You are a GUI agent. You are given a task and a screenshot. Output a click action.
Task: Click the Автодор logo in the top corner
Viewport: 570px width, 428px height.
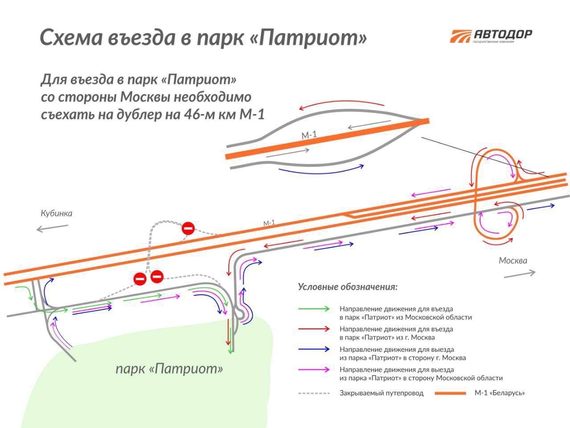click(491, 36)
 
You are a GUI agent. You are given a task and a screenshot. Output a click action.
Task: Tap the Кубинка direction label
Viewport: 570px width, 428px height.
click(56, 213)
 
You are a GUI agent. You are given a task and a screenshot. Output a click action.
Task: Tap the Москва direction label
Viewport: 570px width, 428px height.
click(513, 260)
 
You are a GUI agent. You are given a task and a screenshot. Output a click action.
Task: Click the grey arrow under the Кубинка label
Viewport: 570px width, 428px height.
click(52, 228)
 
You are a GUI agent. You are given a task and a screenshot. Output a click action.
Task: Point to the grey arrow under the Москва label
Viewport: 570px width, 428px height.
click(520, 274)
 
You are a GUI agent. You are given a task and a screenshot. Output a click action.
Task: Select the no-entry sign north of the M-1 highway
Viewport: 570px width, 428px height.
click(188, 229)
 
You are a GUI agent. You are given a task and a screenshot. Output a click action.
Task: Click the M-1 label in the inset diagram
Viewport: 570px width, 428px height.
click(309, 135)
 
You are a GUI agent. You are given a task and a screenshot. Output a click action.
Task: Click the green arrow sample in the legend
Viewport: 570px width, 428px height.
click(314, 309)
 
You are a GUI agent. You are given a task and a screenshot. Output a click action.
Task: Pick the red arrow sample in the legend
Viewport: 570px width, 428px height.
click(314, 329)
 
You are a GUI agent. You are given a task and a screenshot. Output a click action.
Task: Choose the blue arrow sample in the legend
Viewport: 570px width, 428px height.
click(314, 350)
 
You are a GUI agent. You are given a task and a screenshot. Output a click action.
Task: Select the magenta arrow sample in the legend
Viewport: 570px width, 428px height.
click(314, 370)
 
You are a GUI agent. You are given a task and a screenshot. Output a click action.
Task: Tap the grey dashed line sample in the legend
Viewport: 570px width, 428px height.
click(314, 393)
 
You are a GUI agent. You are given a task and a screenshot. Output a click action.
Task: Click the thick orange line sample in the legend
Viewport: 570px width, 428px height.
click(450, 393)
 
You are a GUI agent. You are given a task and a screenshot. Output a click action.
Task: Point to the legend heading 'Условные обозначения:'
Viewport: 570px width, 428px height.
click(347, 287)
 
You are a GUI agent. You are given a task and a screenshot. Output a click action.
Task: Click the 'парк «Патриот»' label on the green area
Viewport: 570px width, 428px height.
click(169, 369)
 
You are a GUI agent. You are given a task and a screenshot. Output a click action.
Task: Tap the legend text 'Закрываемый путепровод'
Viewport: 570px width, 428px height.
click(381, 393)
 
